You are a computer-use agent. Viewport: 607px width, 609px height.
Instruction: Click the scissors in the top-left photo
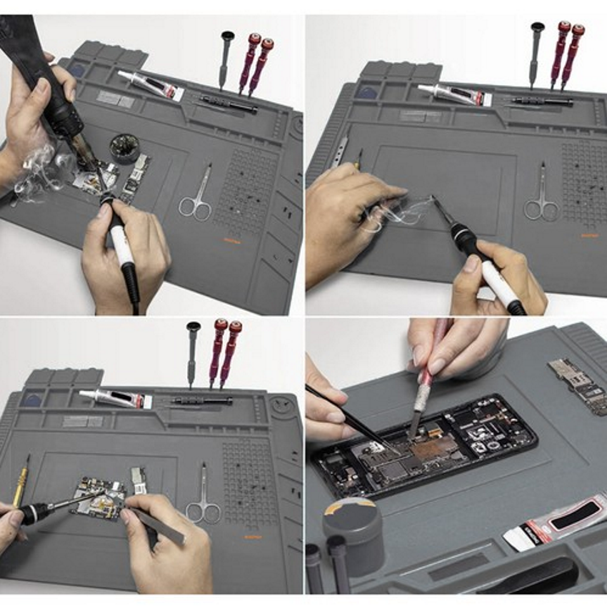click(196, 197)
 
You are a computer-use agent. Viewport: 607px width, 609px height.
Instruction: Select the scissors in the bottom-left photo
click(203, 500)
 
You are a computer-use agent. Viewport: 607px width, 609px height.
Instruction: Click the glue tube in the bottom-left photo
click(115, 398)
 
